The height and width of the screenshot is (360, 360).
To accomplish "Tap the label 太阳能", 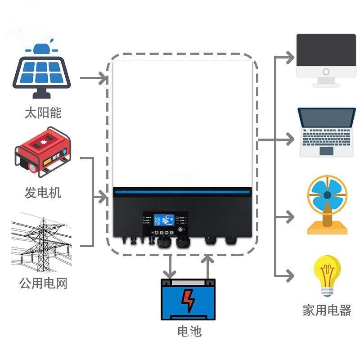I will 43,112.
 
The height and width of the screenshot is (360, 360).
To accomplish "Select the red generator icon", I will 43,153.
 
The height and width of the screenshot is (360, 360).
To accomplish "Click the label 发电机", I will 43,193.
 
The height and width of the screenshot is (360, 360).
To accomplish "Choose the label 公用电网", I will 43,283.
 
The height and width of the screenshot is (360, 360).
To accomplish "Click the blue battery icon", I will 189,299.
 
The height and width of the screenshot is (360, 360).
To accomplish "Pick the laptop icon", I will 326,132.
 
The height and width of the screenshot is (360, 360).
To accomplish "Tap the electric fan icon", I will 327,205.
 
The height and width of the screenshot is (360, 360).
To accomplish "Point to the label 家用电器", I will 327,310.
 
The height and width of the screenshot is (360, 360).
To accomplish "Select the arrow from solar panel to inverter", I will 94,78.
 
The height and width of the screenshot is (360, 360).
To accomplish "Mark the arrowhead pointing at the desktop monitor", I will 290,58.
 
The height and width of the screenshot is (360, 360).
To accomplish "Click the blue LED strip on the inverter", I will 182,192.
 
